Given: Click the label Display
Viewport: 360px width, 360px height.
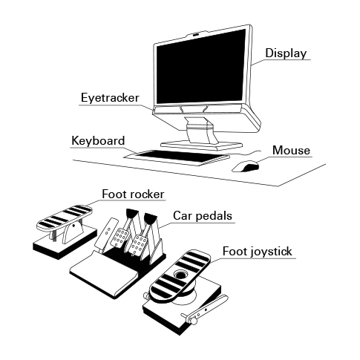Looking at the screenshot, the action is (286, 53).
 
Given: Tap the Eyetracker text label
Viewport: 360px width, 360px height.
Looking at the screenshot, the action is (110, 98).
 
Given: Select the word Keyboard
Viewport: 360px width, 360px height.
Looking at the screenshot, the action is (98, 140).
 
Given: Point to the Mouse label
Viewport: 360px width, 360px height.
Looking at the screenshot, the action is (291, 151).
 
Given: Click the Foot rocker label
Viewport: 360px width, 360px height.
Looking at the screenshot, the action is (133, 194).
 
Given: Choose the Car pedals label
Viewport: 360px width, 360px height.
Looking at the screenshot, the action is (203, 216).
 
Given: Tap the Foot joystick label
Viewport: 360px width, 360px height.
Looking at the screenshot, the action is (258, 252).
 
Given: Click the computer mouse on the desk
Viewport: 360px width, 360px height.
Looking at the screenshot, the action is (246, 166).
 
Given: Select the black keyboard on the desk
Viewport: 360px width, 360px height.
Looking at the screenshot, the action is (177, 157).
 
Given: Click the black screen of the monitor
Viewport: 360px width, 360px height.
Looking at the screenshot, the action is (200, 67).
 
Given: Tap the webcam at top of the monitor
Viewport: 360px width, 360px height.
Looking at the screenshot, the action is (196, 34).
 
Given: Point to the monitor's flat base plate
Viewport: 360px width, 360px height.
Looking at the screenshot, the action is (202, 145).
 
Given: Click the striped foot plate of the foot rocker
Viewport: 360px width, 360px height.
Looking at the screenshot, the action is (65, 217).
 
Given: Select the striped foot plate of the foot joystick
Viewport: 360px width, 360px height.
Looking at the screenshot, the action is (180, 276).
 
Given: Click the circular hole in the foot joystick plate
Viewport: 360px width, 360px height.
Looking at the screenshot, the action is (181, 274).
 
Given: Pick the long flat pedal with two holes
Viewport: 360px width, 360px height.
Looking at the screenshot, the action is (107, 234).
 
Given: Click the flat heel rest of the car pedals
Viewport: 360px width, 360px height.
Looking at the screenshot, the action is (104, 273).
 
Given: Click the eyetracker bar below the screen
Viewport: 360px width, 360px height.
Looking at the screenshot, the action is (198, 108).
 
